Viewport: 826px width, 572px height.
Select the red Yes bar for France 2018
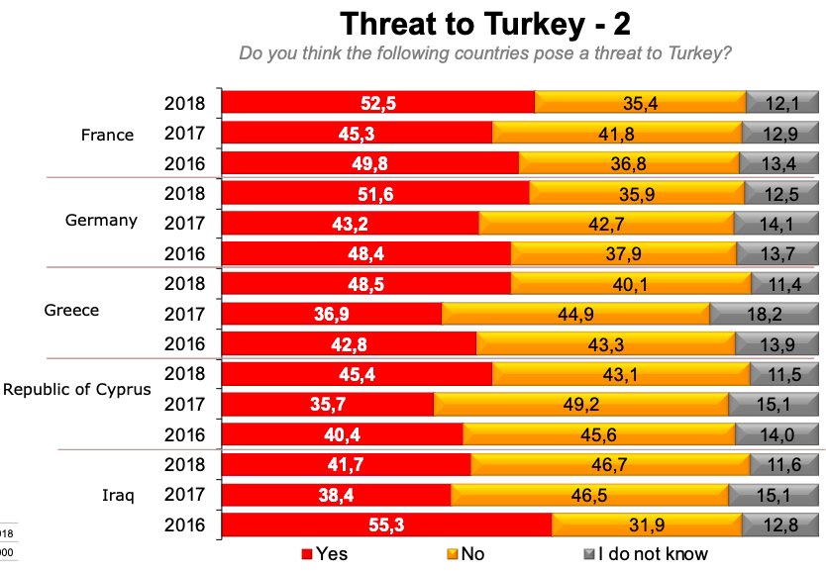377,102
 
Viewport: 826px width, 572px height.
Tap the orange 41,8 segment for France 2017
616,133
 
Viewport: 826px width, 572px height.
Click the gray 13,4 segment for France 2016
784,162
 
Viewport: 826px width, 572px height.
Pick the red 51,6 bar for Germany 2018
373,193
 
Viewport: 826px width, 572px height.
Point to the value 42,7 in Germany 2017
606,224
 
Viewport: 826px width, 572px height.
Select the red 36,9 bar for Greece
331,315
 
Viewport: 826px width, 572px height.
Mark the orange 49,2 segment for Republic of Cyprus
580,405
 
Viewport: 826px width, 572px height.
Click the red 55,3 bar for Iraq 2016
386,525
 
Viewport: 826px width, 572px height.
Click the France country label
107,135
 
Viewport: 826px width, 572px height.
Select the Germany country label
101,220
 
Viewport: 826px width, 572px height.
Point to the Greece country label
72,310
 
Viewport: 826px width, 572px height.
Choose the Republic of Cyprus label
77,389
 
